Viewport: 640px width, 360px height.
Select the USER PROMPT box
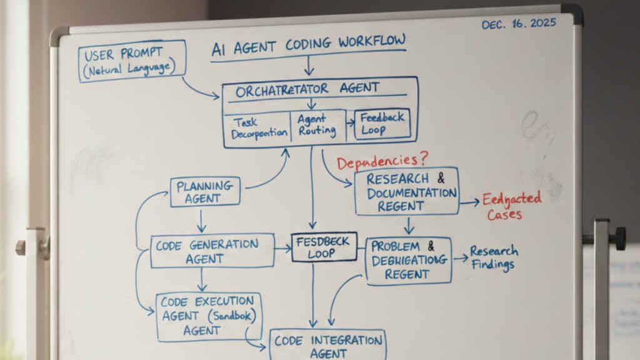click(132, 61)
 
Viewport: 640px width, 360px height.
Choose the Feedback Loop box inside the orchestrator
click(382, 124)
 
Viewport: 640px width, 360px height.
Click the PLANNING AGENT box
click(204, 192)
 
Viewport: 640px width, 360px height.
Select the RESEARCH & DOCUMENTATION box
click(406, 191)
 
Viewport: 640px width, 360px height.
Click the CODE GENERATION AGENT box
click(212, 251)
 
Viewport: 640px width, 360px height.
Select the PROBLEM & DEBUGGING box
click(408, 260)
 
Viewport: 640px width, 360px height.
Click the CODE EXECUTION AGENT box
click(209, 316)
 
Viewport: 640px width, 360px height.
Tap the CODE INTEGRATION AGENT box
click(328, 346)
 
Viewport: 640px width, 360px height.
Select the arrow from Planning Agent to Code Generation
click(201, 220)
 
